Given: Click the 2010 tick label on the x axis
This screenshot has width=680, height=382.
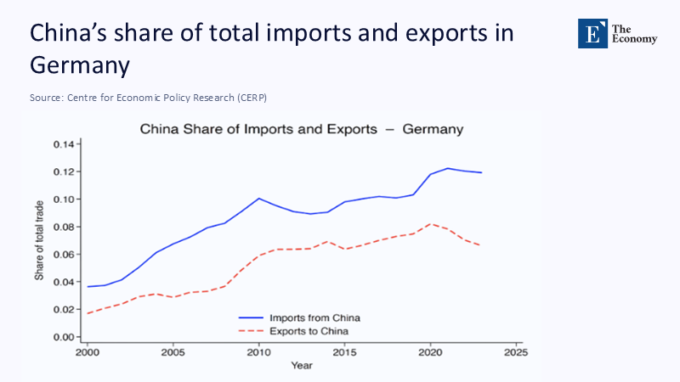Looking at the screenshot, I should click(x=258, y=351).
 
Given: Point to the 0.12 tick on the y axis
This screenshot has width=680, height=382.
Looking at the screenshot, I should click(x=65, y=171).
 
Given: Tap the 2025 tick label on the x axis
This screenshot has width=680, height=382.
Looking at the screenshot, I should click(x=514, y=351).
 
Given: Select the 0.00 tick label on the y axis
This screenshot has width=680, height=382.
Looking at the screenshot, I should click(x=65, y=337).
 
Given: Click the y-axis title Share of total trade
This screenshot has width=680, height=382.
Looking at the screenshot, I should click(x=39, y=240).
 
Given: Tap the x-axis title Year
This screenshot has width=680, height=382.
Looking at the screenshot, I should click(x=301, y=365).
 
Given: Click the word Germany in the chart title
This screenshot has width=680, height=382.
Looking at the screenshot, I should click(x=433, y=130).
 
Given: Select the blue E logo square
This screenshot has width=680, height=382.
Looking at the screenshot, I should click(x=593, y=33).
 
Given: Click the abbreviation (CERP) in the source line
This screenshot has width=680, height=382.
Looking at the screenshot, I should click(x=250, y=98).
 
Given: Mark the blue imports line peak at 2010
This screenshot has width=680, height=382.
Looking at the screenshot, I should click(x=258, y=199).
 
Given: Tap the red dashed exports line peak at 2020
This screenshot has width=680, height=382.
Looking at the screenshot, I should click(x=430, y=224).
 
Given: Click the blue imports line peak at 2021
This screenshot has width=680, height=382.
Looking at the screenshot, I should click(x=447, y=168).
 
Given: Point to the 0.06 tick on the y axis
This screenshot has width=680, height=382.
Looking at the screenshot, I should click(x=65, y=255).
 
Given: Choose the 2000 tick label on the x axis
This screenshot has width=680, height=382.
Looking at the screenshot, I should click(x=88, y=351).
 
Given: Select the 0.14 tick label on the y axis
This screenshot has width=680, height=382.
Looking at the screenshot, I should click(x=65, y=144).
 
